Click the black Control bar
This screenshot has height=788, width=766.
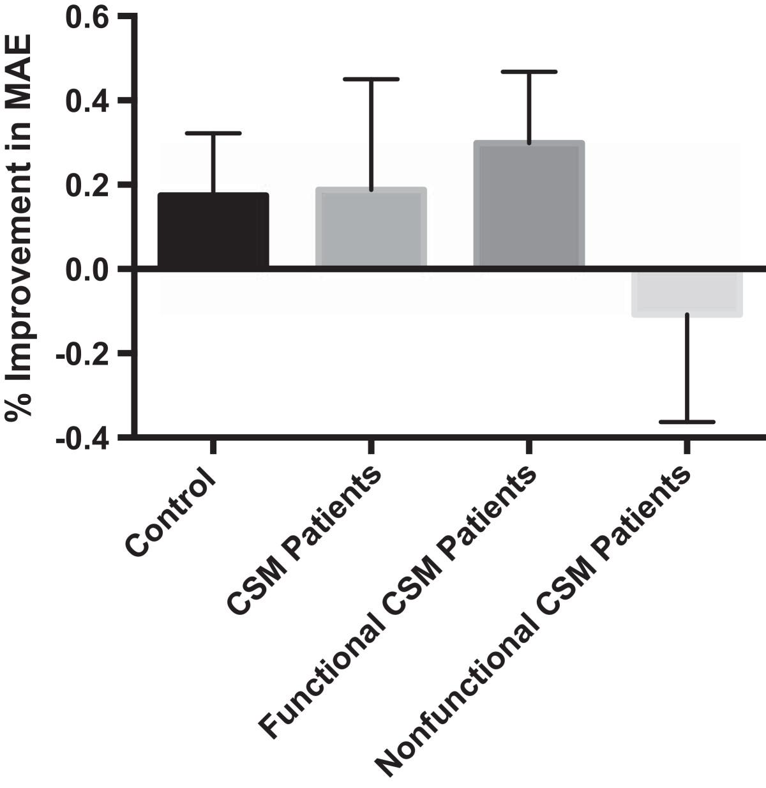pos(213,230)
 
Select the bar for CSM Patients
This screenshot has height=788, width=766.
pos(371,227)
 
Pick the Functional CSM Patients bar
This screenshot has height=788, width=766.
pos(529,204)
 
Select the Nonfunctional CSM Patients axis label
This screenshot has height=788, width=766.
pos(532,623)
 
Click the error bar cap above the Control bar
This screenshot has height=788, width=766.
pos(213,133)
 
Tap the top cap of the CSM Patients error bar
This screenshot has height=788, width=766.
pos(371,79)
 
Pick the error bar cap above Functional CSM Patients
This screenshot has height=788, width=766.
pos(529,72)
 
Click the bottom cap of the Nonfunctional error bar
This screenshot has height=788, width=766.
pos(687,422)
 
